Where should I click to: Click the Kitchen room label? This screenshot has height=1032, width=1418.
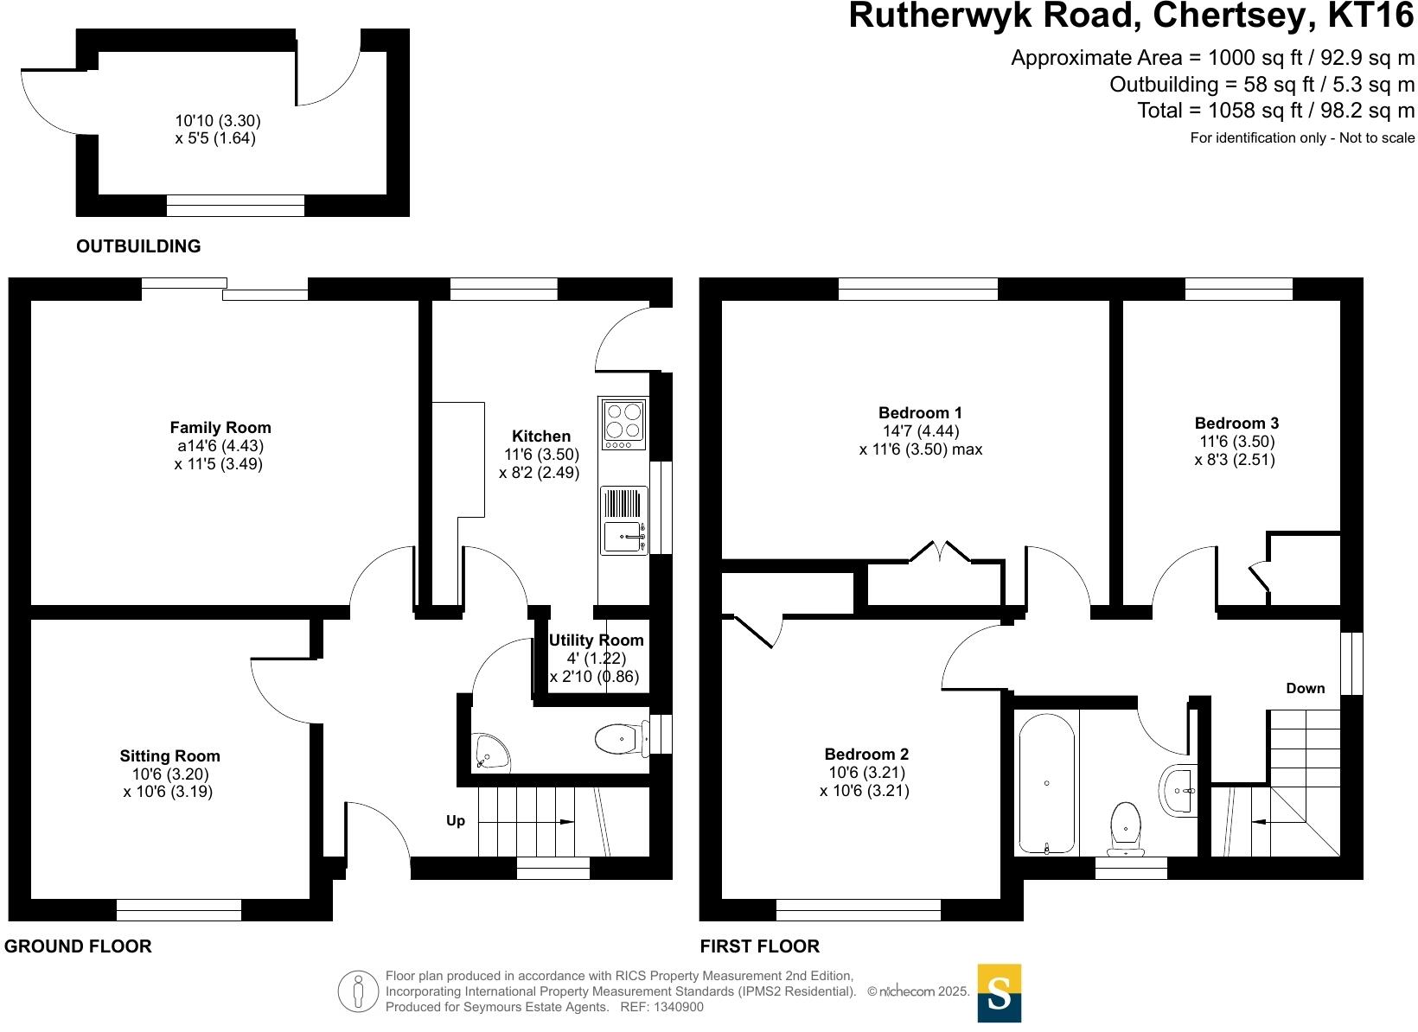coord(541,436)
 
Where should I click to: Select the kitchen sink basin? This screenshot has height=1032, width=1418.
coord(622,537)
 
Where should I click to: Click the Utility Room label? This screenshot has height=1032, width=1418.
coord(597,640)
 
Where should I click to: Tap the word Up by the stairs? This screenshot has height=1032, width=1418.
coord(456,821)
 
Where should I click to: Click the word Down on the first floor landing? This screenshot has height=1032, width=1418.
coord(1306,689)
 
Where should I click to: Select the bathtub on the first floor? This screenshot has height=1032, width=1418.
coord(1047,783)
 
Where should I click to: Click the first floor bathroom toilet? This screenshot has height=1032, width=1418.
coord(1126,828)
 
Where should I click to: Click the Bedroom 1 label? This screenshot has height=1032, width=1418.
coord(920,413)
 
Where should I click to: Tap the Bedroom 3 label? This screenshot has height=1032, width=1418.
coord(1236,424)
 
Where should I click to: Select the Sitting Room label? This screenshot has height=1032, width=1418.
coord(169,756)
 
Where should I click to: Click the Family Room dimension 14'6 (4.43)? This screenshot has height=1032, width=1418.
coord(219,446)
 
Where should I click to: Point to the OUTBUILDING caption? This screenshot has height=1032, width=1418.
coord(138,246)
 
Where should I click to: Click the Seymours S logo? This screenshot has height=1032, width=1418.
coord(999,993)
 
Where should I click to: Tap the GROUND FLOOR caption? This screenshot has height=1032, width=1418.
coord(78,946)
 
